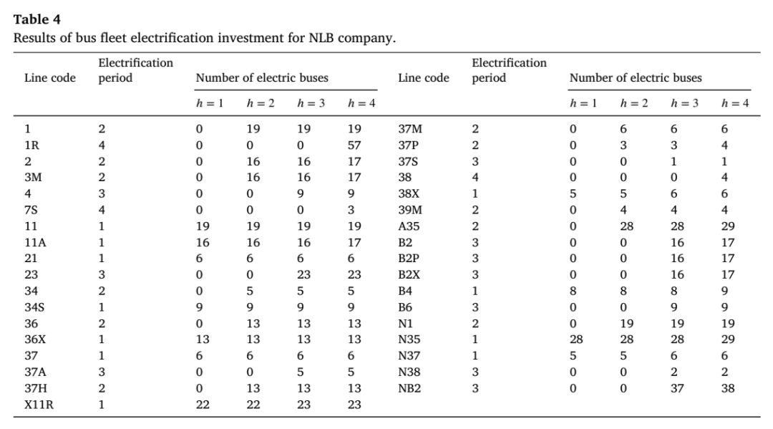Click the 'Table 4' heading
(x=37, y=19)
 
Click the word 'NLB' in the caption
(x=322, y=38)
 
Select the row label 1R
(x=32, y=145)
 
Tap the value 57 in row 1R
(x=354, y=145)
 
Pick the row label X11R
(x=39, y=405)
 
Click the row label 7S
(x=31, y=210)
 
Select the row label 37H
(x=36, y=388)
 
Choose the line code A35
(x=409, y=226)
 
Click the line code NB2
(x=409, y=388)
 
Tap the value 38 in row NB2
(x=728, y=388)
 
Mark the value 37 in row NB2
(x=677, y=388)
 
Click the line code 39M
(x=410, y=210)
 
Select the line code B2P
(x=409, y=259)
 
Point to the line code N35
(x=409, y=339)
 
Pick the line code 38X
(x=409, y=193)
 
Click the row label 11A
(x=36, y=242)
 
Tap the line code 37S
(x=408, y=161)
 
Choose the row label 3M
(x=33, y=177)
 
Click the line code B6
(x=405, y=307)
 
